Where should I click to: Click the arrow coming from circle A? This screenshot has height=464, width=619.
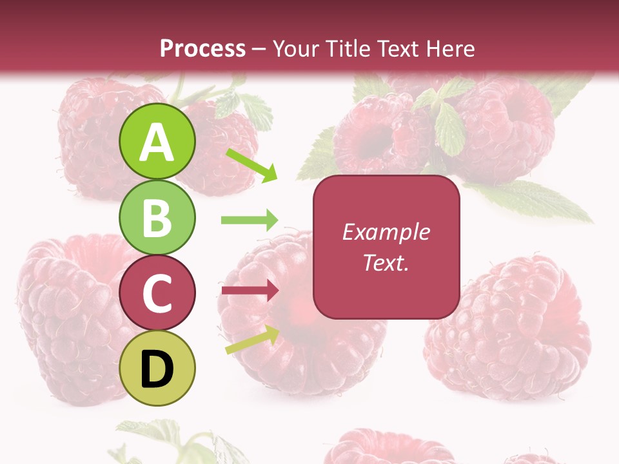click(x=251, y=165)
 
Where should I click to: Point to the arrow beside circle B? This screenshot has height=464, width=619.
click(x=250, y=220)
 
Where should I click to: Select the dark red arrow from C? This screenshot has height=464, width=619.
click(x=250, y=291)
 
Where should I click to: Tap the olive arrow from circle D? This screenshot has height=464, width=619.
click(x=252, y=340)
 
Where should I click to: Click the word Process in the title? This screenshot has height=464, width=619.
click(x=202, y=48)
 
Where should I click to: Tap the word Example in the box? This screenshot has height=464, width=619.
click(x=386, y=232)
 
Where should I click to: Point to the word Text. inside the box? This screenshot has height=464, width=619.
click(x=386, y=262)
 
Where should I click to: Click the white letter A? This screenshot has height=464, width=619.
click(x=157, y=143)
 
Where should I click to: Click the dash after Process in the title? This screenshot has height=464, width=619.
click(x=259, y=50)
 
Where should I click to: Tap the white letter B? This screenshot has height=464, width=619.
click(x=157, y=218)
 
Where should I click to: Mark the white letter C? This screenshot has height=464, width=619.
click(x=157, y=293)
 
